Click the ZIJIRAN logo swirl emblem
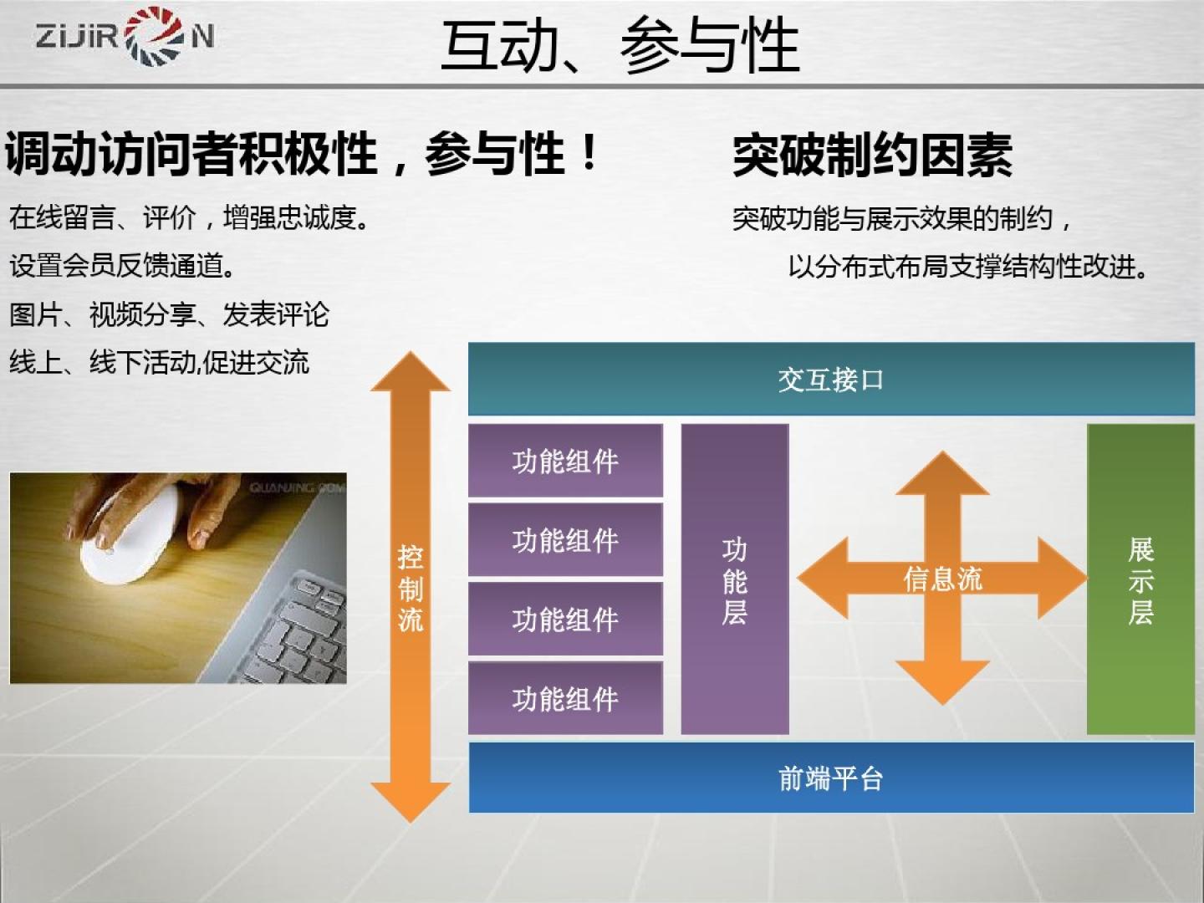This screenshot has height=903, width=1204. tap(154, 36)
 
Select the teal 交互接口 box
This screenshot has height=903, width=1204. tap(831, 379)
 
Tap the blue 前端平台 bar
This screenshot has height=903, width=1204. tap(831, 778)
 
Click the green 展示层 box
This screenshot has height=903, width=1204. tap(1140, 579)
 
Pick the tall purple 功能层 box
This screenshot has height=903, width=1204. tap(735, 579)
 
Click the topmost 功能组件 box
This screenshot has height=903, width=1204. tap(565, 461)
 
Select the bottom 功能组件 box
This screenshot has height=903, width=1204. tap(565, 698)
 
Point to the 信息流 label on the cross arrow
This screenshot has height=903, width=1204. tap(942, 579)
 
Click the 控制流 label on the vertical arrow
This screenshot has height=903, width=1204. tap(411, 589)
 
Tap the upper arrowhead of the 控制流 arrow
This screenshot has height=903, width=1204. tap(411, 372)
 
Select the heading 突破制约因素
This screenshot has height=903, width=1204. tap(872, 156)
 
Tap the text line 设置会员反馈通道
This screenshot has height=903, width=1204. tap(122, 266)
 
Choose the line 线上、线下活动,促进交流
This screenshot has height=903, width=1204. tap(160, 362)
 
